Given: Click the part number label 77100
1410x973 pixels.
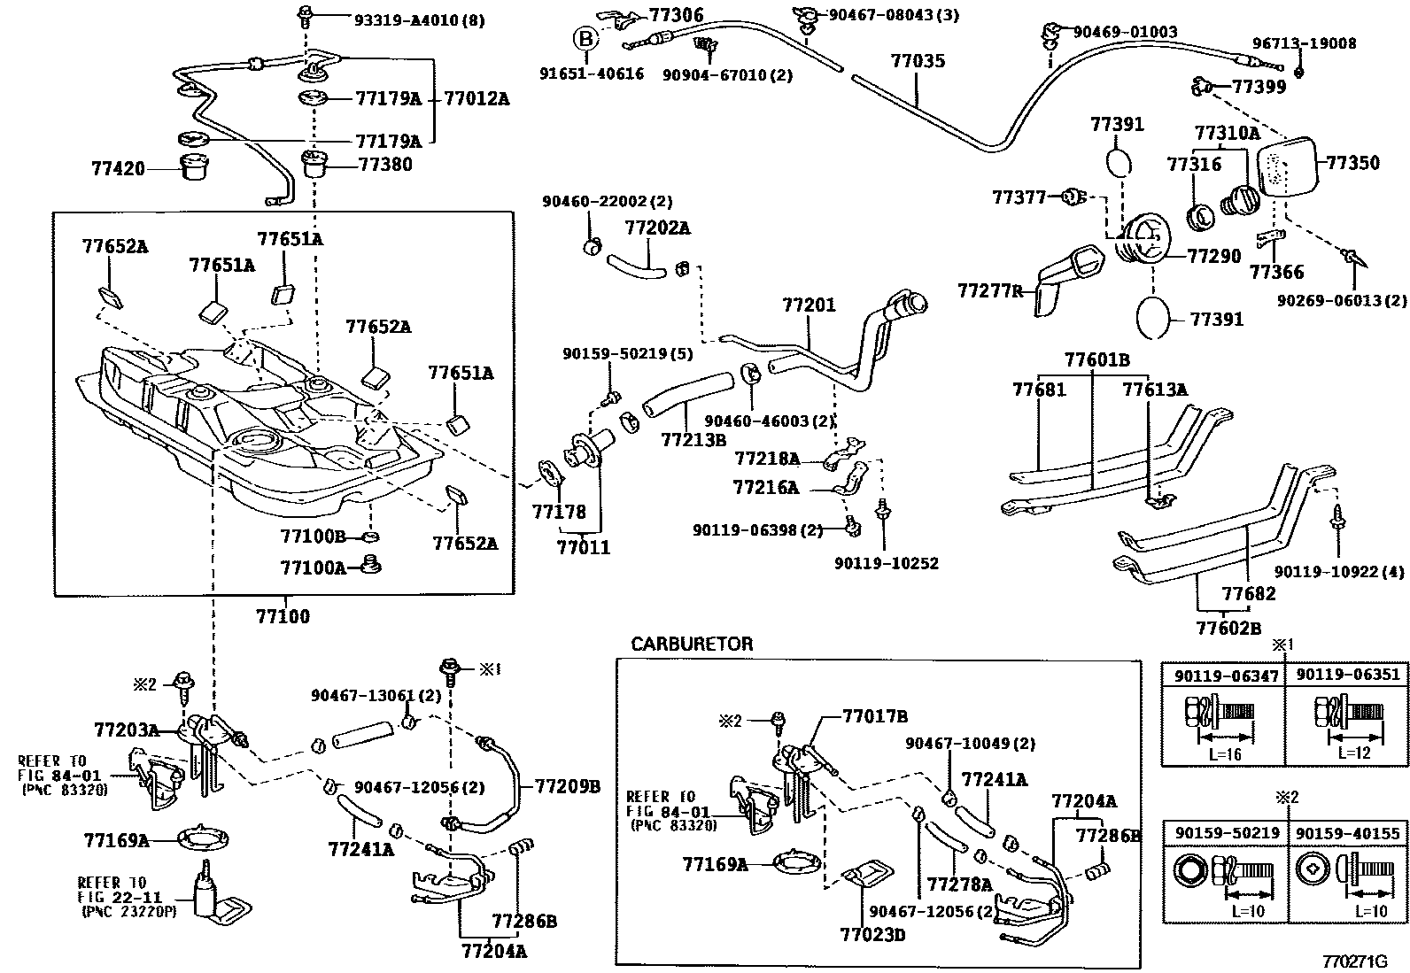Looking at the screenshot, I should coord(283,615).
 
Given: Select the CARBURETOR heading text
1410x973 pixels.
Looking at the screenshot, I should coord(692,644).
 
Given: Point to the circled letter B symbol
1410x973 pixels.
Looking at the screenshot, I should coord(584,38).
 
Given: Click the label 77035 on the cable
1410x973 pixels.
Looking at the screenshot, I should coord(918,61).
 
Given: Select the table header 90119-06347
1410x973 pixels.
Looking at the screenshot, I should coord(1226,676).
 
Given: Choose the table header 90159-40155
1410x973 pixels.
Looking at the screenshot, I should coord(1348,834).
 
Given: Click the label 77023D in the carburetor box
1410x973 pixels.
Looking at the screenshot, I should coord(872,933).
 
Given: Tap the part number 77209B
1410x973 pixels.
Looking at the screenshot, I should coord(567,785).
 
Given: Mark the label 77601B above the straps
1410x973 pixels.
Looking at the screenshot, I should coord(1096,359).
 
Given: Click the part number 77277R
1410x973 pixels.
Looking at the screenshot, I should coord(989,290).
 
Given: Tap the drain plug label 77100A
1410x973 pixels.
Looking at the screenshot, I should coord(313,568).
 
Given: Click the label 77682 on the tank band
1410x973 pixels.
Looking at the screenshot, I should coord(1249,593).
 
